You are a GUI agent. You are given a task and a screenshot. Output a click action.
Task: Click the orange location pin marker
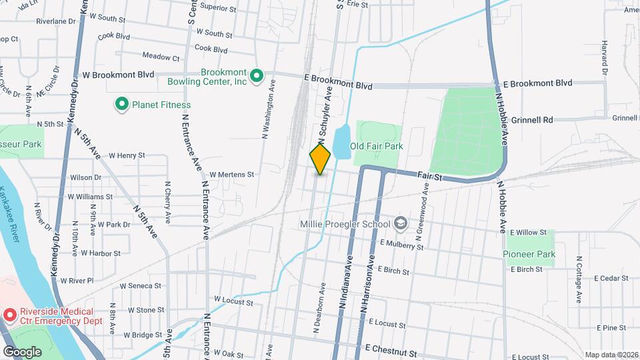[320, 159]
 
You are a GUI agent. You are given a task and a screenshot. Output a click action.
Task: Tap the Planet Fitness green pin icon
[122, 104]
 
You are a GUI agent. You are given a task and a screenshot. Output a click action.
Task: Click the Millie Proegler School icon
[401, 223]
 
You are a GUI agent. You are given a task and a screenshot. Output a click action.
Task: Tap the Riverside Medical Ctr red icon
[9, 313]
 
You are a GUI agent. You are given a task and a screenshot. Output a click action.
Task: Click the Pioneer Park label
[530, 254]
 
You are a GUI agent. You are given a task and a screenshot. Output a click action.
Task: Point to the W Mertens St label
[232, 175]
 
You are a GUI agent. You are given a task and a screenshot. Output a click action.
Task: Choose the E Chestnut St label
[391, 349]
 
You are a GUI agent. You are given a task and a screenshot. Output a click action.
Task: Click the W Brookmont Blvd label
[118, 75]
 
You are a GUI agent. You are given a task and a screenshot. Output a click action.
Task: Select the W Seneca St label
[142, 287]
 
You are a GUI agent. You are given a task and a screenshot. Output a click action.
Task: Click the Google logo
[23, 351]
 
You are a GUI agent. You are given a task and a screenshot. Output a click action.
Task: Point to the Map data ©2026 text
[611, 355]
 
